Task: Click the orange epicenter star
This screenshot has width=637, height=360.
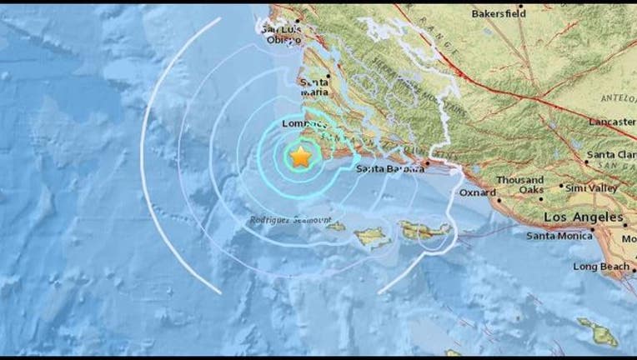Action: [x=299, y=156]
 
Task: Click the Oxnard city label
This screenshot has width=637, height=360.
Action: [x=478, y=192]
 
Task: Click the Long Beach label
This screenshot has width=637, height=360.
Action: [x=600, y=267]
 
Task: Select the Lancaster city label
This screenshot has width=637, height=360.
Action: [x=611, y=122]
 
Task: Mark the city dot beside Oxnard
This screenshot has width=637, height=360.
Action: [x=499, y=199]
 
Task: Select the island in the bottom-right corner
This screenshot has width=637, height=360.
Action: [x=598, y=331]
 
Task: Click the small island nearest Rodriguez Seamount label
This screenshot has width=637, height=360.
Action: [x=335, y=226]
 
